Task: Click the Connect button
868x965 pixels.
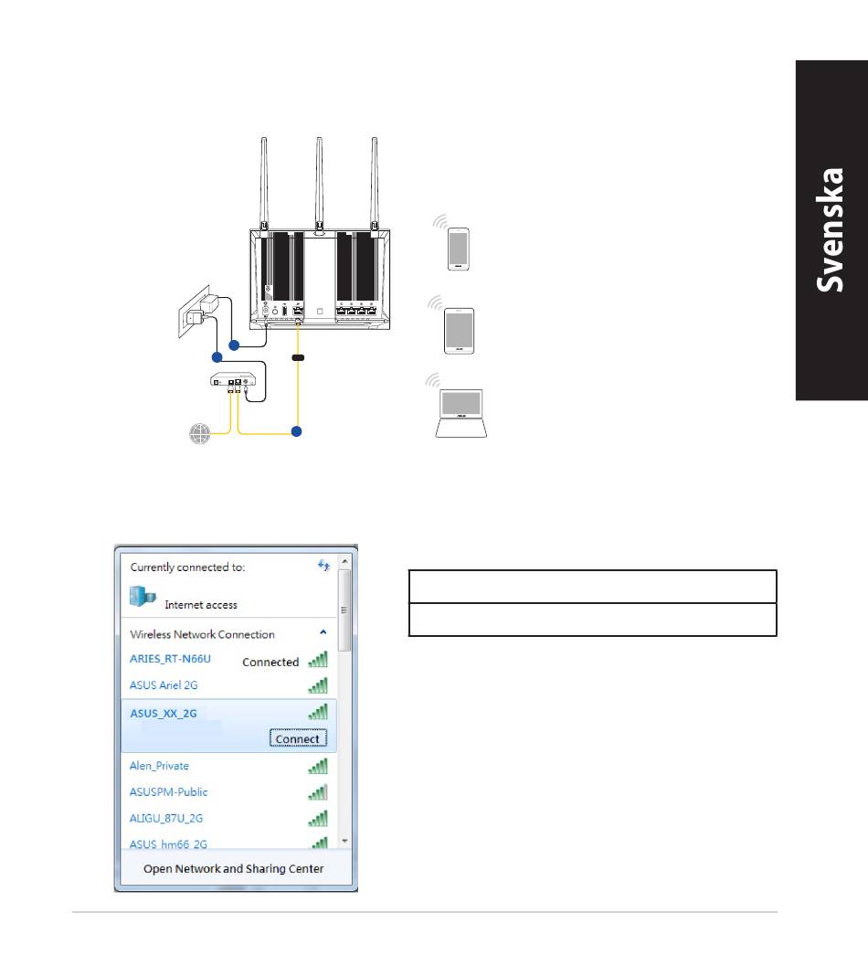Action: [298, 737]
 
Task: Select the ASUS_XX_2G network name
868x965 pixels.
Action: [163, 714]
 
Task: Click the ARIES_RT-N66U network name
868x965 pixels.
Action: [170, 659]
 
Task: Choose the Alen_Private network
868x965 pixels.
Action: [159, 766]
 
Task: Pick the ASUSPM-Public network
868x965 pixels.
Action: [168, 792]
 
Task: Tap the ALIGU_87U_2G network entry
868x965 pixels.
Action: [165, 818]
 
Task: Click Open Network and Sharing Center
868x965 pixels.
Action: [233, 868]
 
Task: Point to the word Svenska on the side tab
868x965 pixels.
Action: [830, 230]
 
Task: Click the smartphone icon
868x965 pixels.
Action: [459, 249]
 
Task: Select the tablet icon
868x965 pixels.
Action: [459, 331]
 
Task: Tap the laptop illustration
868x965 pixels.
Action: [460, 414]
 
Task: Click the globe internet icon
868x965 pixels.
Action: [199, 433]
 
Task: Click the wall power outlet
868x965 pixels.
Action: [194, 312]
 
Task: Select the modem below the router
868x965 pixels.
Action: [233, 380]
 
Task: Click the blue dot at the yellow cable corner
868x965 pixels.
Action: [297, 431]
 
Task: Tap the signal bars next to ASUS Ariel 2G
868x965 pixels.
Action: [318, 685]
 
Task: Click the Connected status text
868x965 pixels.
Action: [270, 663]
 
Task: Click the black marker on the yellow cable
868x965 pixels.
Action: [298, 357]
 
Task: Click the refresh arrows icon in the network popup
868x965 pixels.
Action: [323, 565]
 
